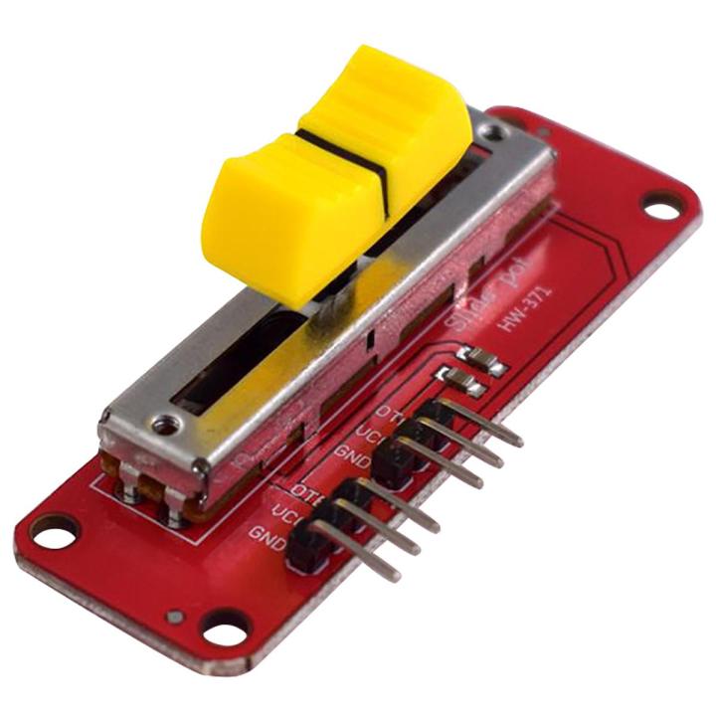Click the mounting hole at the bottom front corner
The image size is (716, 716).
point(220,627)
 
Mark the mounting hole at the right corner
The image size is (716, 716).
point(657,208)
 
